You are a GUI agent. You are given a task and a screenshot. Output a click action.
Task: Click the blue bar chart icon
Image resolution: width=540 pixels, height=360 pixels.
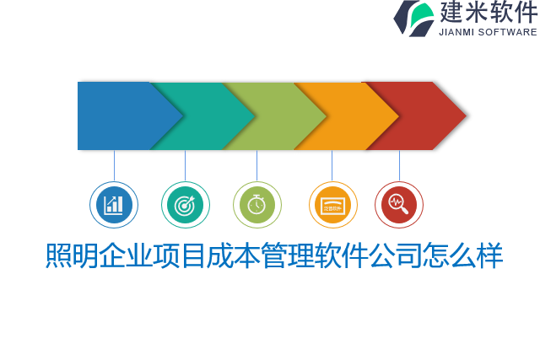point(114,205)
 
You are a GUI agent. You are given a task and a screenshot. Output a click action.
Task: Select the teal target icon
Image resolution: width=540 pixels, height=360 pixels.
point(186,205)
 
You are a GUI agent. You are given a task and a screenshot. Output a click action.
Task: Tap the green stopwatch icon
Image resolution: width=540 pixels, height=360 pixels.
point(257,205)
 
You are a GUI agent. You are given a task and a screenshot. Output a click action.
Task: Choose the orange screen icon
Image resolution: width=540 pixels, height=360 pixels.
point(332,205)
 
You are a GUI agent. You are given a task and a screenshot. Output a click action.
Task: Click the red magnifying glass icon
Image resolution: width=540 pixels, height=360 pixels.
point(399,205)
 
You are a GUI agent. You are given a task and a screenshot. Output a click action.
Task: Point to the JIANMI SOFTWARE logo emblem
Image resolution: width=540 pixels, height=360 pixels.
point(414,18)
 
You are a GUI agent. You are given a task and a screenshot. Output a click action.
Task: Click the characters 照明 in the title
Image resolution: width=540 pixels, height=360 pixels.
point(72,255)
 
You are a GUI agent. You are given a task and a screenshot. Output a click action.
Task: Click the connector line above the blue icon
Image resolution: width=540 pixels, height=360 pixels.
point(114,165)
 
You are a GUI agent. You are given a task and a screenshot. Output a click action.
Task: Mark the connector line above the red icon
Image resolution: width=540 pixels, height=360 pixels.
point(399,165)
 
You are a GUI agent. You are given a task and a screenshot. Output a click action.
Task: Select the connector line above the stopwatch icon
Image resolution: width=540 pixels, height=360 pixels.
point(256,165)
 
